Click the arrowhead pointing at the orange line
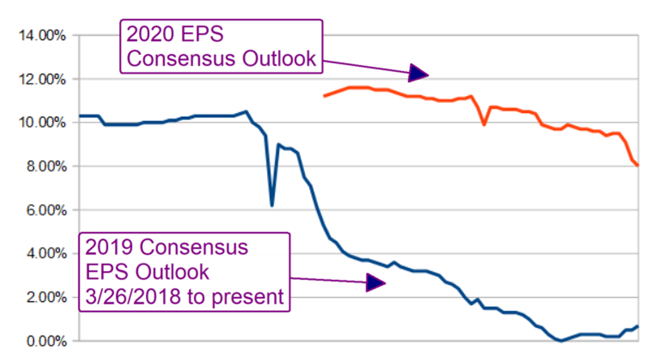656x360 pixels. click(419, 73)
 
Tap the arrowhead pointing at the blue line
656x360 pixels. click(375, 284)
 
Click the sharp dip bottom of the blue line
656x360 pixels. click(271, 205)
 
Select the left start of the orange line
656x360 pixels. click(324, 96)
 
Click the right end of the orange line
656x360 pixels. click(638, 165)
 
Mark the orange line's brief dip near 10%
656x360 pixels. click(484, 124)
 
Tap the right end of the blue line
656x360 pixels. click(638, 326)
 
